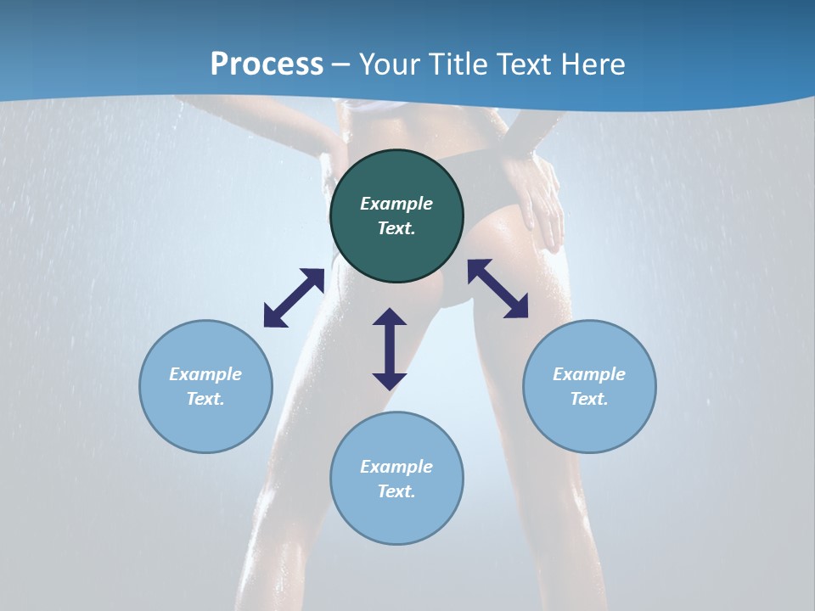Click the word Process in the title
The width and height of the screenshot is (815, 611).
pyautogui.click(x=267, y=64)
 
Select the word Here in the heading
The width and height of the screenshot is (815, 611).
pyautogui.click(x=592, y=64)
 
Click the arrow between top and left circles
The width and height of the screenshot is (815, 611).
pyautogui.click(x=294, y=298)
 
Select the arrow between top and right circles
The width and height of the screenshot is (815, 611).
pyautogui.click(x=498, y=289)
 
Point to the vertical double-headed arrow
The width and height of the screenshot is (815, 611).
pyautogui.click(x=390, y=349)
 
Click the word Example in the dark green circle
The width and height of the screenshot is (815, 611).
pyautogui.click(x=396, y=204)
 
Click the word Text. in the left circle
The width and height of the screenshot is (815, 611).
pyautogui.click(x=205, y=399)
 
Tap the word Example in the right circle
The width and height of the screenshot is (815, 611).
pyautogui.click(x=589, y=374)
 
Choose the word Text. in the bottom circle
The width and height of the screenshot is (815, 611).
pyautogui.click(x=396, y=491)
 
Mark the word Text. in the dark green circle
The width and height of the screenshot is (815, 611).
pyautogui.click(x=396, y=228)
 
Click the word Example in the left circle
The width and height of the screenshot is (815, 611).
pyautogui.click(x=205, y=374)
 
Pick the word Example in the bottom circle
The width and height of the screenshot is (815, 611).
pyautogui.click(x=396, y=467)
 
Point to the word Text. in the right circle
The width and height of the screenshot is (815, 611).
pyautogui.click(x=589, y=399)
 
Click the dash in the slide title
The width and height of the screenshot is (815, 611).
pyautogui.click(x=341, y=65)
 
